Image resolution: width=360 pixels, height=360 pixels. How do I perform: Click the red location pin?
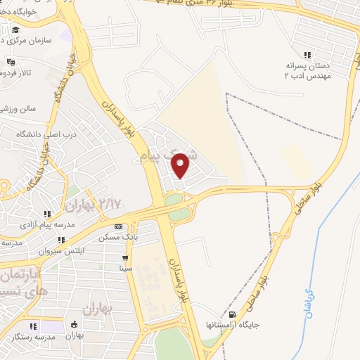tap(181, 165)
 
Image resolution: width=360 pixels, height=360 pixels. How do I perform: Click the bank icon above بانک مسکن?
tap(118, 227)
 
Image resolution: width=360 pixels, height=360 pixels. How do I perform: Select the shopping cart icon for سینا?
tap(124, 257)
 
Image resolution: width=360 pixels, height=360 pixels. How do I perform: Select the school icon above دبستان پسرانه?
tap(307, 55)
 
